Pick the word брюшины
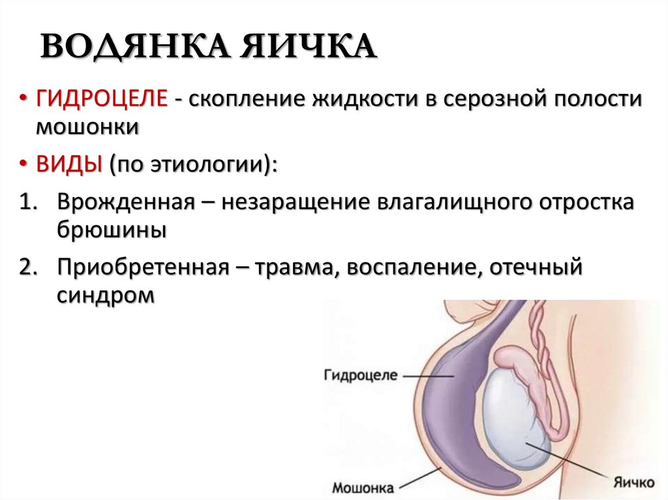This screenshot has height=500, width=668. tap(111, 229)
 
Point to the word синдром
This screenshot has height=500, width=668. tap(106, 295)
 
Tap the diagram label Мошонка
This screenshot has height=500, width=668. tap(363, 486)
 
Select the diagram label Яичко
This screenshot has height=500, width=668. tap(633, 482)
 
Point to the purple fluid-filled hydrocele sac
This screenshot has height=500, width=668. tap(450, 391)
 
